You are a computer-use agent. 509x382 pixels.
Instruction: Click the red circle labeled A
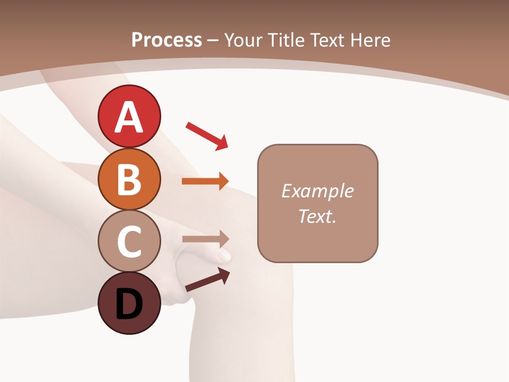click(129, 116)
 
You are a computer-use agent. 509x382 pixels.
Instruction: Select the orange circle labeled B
click(129, 179)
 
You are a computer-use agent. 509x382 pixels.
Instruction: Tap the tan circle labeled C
click(129, 241)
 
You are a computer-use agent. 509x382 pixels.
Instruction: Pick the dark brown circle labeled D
click(129, 303)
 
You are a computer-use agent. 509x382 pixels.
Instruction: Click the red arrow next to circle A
click(207, 136)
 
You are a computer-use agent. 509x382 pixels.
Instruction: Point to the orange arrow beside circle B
click(205, 181)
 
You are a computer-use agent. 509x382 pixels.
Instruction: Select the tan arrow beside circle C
click(206, 239)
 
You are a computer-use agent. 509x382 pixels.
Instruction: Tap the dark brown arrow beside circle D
click(207, 280)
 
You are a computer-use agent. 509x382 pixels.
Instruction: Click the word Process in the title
click(166, 40)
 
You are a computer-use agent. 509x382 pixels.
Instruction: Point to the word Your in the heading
click(242, 40)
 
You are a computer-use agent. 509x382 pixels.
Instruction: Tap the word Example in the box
click(317, 191)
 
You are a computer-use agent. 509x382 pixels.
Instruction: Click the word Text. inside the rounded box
click(317, 216)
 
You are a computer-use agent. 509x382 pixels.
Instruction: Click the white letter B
click(129, 179)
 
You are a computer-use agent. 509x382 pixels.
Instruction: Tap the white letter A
click(129, 117)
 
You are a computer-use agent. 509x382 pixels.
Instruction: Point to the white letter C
click(129, 241)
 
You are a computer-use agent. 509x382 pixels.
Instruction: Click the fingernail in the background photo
click(225, 256)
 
